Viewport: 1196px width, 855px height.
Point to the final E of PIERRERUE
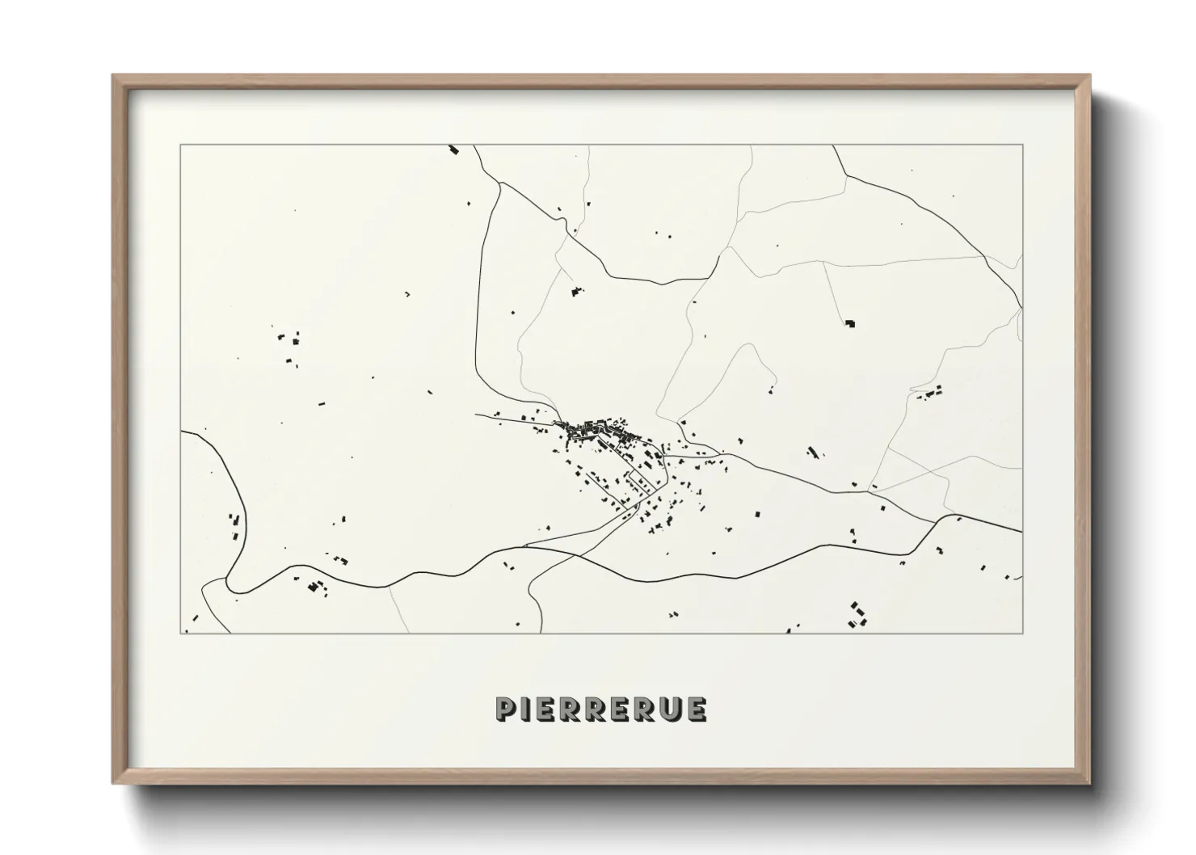pos(697,709)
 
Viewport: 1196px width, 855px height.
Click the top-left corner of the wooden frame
pos(114,77)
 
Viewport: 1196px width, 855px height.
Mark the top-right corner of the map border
pos(1022,145)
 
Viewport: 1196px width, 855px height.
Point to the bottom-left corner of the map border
pos(181,633)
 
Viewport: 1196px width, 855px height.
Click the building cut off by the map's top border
pos(453,150)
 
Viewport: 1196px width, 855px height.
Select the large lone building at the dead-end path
pos(850,323)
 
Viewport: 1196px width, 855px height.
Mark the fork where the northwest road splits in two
pos(500,183)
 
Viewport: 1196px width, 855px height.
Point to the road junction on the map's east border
pos(1021,307)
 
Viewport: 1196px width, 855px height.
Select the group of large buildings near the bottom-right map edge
pos(857,613)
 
